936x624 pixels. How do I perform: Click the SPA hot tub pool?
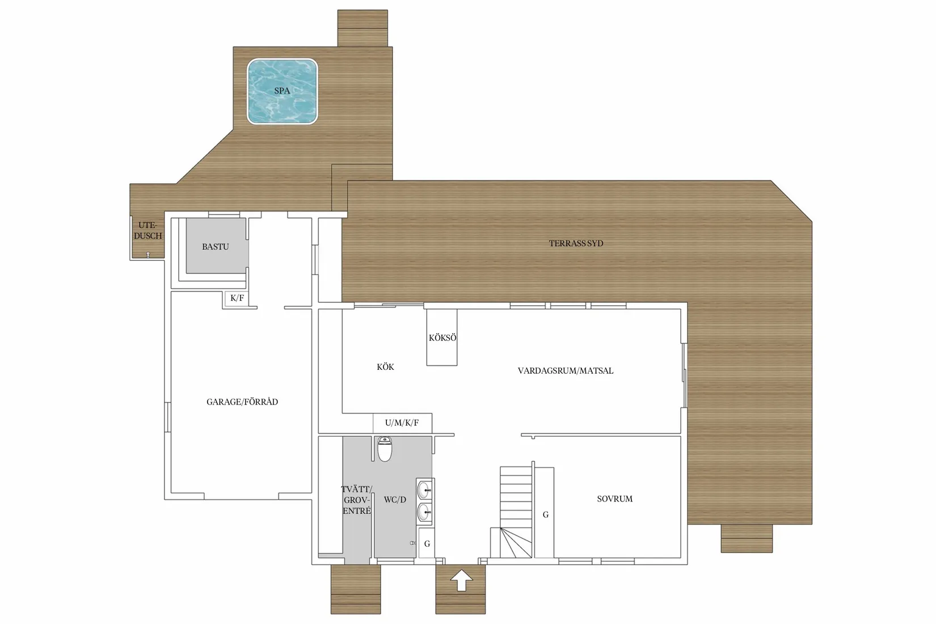click(282, 91)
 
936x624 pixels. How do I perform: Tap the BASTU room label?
click(216, 247)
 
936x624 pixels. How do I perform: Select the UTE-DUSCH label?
click(147, 231)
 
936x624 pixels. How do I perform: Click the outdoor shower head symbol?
click(147, 255)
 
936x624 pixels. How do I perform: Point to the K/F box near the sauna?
click(237, 298)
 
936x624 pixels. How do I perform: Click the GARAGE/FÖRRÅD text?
click(242, 402)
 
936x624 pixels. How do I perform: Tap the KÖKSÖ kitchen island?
click(442, 338)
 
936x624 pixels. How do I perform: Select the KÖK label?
click(385, 367)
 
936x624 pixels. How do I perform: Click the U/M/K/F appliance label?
click(402, 423)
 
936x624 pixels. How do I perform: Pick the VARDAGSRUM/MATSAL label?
click(566, 371)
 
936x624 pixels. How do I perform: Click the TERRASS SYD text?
click(576, 243)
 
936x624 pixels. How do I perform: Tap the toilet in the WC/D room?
click(385, 449)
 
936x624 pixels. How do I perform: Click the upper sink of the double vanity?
click(424, 488)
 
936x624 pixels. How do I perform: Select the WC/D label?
click(395, 500)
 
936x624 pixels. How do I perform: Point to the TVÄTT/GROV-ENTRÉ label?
click(357, 500)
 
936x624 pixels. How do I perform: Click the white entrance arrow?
click(461, 580)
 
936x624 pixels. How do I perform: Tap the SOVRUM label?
click(615, 499)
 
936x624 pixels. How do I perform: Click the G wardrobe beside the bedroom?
click(545, 513)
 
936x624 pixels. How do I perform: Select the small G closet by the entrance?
click(427, 543)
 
